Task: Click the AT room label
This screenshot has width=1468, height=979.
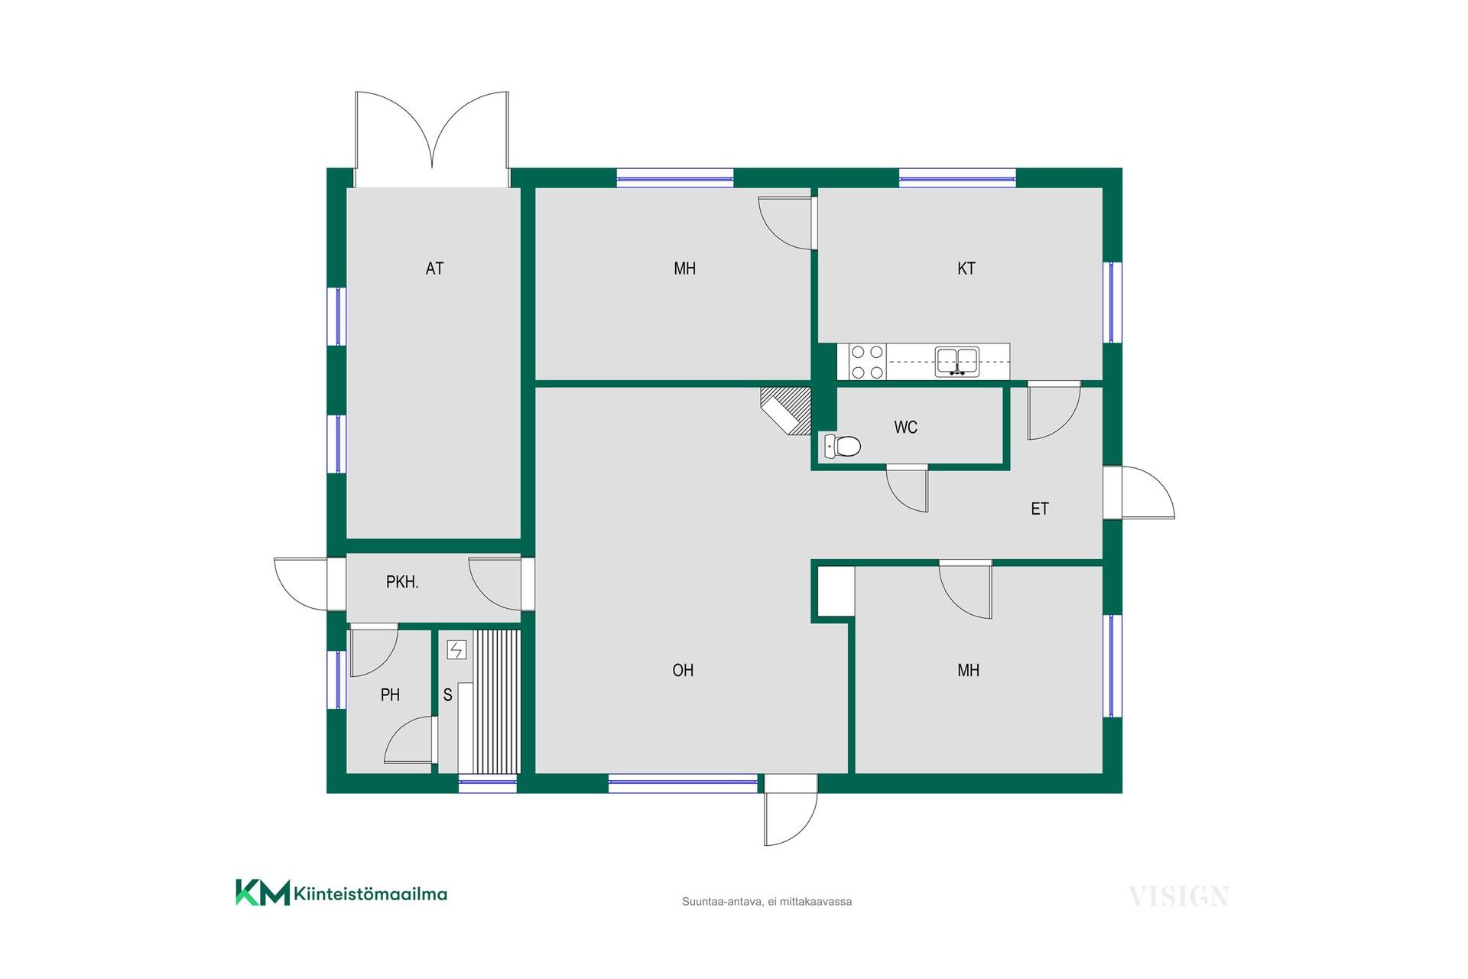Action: (434, 268)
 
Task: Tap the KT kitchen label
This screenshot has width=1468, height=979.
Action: (966, 268)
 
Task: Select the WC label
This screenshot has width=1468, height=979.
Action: (906, 428)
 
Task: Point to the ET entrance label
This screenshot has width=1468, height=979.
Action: (1040, 509)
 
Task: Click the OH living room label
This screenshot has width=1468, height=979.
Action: (683, 671)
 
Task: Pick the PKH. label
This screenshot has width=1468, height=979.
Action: (402, 583)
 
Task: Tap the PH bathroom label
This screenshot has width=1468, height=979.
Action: (390, 695)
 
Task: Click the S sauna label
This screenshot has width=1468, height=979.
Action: (448, 695)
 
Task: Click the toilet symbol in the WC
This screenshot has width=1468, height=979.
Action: (843, 446)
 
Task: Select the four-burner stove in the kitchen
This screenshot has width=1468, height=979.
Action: (867, 363)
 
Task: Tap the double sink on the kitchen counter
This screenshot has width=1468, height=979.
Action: (957, 361)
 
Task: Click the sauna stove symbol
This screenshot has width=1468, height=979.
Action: (456, 650)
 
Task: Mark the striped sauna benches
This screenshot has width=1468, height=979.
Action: (496, 701)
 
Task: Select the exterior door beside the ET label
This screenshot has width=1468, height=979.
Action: (1138, 493)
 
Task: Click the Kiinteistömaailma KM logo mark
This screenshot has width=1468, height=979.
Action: (262, 893)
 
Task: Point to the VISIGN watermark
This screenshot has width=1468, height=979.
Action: (1179, 896)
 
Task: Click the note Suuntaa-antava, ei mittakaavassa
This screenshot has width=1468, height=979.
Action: (767, 902)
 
